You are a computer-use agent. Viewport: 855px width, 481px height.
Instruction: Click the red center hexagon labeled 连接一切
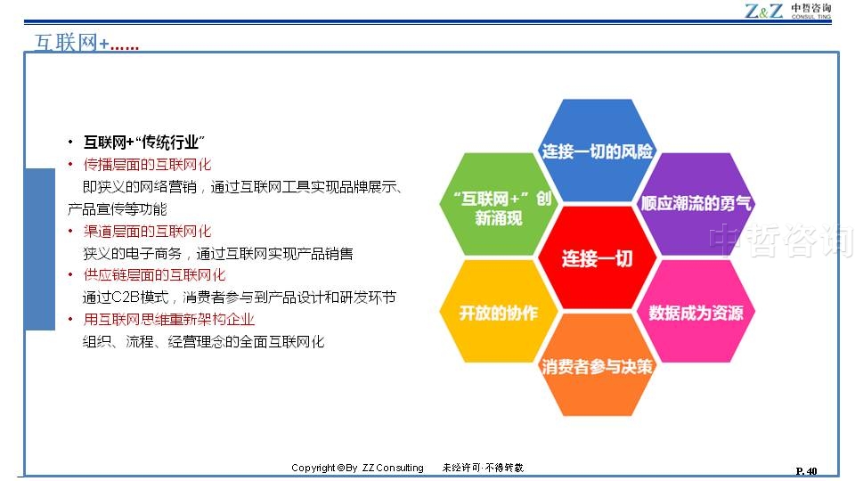597,257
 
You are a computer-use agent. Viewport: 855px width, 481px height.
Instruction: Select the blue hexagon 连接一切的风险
597,151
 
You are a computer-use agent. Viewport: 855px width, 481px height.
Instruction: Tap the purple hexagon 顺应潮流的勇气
696,204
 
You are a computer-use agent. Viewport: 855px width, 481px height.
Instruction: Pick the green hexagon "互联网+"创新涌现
499,204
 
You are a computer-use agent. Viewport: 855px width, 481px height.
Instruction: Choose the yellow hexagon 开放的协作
499,312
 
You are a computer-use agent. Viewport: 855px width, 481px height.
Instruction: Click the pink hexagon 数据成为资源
696,312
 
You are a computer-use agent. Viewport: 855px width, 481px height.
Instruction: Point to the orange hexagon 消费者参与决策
597,365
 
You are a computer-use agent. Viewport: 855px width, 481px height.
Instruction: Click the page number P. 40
807,471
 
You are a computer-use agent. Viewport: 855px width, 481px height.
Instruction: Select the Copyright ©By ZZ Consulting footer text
357,468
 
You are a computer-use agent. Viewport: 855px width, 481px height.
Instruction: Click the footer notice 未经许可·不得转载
483,468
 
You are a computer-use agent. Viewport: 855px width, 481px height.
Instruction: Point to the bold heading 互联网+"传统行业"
144,143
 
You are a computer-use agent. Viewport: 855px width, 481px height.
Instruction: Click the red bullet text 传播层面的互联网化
147,165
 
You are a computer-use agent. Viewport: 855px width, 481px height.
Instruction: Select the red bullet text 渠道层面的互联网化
147,232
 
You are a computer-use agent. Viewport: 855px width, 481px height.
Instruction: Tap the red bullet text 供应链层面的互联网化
154,275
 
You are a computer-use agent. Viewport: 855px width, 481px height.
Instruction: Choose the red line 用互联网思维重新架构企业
169,319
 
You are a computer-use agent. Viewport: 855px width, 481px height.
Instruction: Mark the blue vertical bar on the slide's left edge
40,249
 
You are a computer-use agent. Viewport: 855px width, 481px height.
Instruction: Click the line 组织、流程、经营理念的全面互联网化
203,342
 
